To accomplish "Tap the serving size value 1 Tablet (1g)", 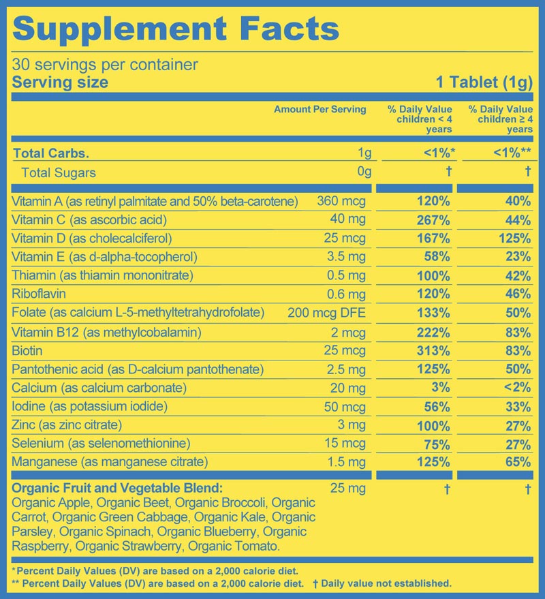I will (484, 83).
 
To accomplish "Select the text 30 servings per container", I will (105, 65).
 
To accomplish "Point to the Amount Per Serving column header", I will (320, 109).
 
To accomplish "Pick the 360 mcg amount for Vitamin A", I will (341, 201).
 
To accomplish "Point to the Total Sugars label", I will (59, 173).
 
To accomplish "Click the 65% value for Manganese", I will (518, 462).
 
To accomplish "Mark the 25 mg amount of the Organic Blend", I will (347, 489).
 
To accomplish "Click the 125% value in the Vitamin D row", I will (515, 239).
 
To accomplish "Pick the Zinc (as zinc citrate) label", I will (67, 425).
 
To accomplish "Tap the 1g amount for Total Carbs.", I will (364, 154).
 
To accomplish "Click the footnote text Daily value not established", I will (386, 583).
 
